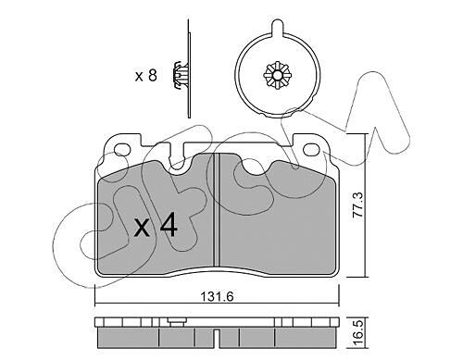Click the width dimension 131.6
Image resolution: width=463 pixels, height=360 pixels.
tap(218, 296)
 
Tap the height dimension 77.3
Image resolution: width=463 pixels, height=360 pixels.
tap(358, 205)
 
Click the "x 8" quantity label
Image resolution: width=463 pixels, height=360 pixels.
tap(146, 75)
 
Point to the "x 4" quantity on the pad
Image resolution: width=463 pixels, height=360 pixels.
tap(156, 227)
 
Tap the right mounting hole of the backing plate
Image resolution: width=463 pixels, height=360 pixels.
tap(311, 150)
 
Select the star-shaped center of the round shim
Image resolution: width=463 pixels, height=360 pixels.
tap(277, 76)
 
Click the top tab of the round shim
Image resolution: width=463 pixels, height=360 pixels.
tap(277, 27)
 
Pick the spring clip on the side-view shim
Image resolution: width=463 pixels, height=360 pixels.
tap(180, 75)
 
